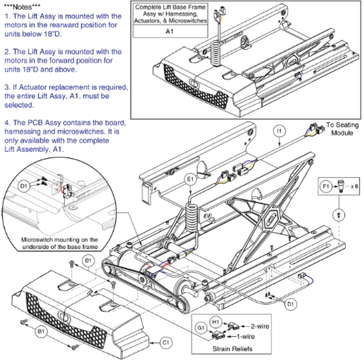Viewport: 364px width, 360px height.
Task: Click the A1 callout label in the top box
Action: click(170, 32)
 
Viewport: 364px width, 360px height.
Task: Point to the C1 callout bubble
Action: click(165, 342)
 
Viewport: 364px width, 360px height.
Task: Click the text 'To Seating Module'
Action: click(342, 129)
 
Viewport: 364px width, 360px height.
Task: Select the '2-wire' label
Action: click(258, 326)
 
